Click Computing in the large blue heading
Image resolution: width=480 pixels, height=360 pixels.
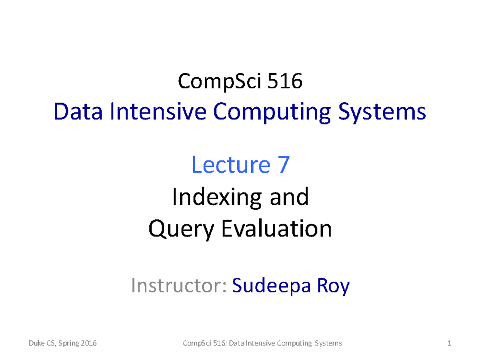(272, 112)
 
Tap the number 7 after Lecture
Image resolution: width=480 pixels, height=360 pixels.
(282, 165)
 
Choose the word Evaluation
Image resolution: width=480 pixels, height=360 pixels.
(276, 229)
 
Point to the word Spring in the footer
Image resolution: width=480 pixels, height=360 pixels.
(69, 344)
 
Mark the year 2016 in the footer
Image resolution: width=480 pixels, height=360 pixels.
(89, 343)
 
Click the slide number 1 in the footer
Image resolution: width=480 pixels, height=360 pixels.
(450, 343)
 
